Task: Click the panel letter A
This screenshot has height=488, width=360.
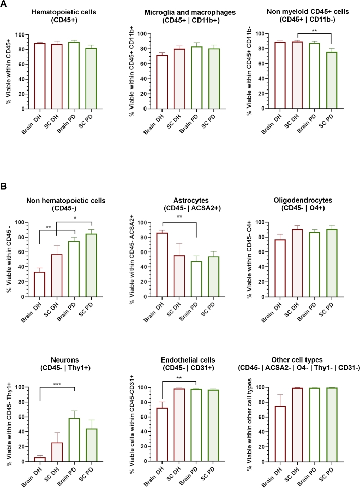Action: [4, 5]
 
